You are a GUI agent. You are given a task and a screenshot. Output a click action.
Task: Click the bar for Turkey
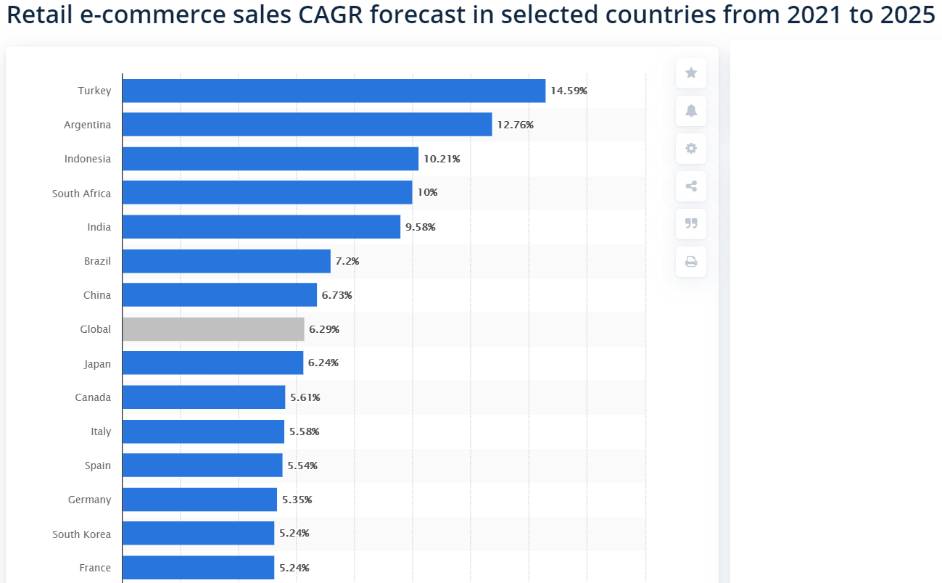point(334,91)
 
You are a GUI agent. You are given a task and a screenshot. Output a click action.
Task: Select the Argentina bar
point(307,125)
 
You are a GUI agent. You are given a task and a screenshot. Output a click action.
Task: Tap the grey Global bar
point(213,329)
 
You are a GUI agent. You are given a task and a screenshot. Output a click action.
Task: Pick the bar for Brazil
point(226,261)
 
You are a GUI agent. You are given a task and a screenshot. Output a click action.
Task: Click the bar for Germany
point(199,500)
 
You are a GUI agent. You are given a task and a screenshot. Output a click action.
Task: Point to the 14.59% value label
point(569,91)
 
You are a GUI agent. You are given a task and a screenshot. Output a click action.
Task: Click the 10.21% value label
point(442,159)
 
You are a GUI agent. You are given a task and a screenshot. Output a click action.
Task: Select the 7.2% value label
point(347,261)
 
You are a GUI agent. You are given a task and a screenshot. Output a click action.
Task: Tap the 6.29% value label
point(324,329)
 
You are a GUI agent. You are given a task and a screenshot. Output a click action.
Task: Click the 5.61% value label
point(305,397)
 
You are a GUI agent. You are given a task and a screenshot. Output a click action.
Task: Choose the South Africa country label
point(81,194)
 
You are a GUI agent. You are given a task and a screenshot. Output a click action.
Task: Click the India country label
point(99,227)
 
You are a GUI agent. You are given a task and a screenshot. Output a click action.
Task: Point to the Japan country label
point(97,363)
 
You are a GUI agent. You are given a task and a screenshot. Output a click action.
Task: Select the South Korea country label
point(81,534)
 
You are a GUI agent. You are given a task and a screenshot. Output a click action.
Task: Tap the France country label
point(95,568)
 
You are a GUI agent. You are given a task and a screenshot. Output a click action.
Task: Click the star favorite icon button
point(691,73)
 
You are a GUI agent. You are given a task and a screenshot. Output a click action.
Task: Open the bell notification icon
point(691,110)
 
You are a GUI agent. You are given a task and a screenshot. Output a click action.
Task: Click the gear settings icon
point(691,148)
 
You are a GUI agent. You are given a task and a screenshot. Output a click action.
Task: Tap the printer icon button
point(691,261)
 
